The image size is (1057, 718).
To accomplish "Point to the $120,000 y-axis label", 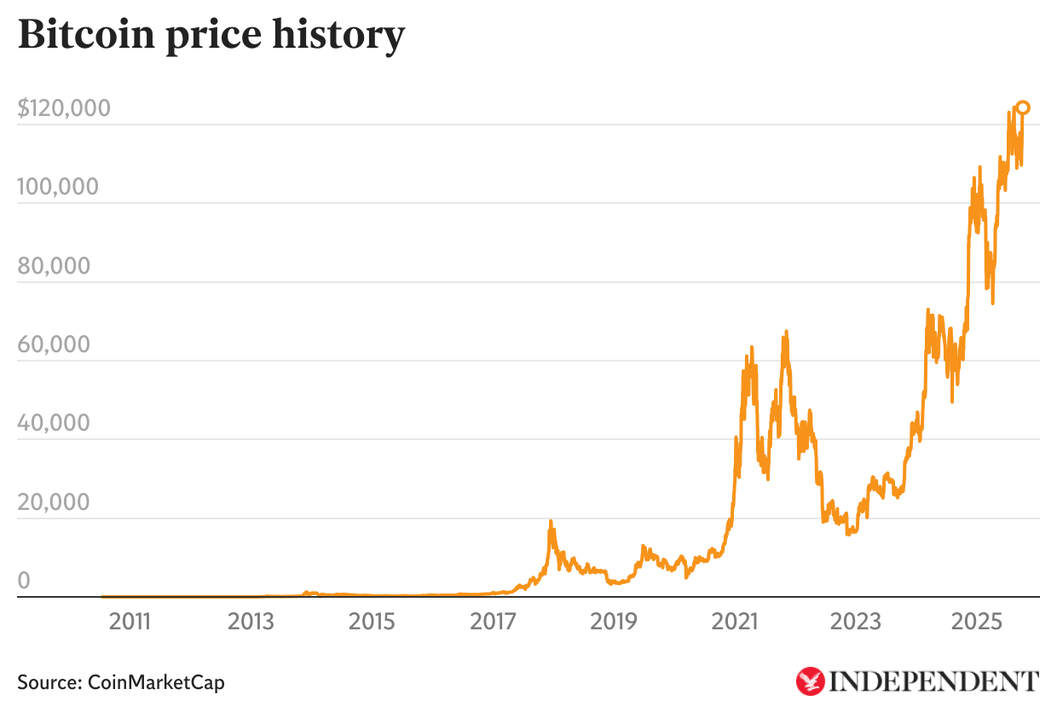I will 64,108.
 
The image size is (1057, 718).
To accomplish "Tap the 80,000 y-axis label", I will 54,266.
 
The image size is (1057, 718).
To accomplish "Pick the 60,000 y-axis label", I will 54,345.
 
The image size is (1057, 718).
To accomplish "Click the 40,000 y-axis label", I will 54,423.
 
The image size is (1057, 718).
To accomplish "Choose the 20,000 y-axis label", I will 54,502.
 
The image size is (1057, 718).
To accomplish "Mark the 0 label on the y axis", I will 24,581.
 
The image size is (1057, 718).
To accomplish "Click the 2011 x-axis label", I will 130,622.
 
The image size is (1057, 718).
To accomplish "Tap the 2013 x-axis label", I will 251,622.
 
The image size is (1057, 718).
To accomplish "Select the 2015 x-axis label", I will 372,622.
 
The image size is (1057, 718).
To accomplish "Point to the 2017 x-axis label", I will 493,622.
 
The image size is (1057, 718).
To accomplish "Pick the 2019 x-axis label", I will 614,622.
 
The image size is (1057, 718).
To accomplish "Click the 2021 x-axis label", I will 735,622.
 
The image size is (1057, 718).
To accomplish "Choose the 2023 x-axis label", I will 856,622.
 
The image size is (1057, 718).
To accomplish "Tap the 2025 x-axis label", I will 977,622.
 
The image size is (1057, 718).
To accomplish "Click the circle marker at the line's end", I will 1024,107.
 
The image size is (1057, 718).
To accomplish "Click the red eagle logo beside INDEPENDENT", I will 810,681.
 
